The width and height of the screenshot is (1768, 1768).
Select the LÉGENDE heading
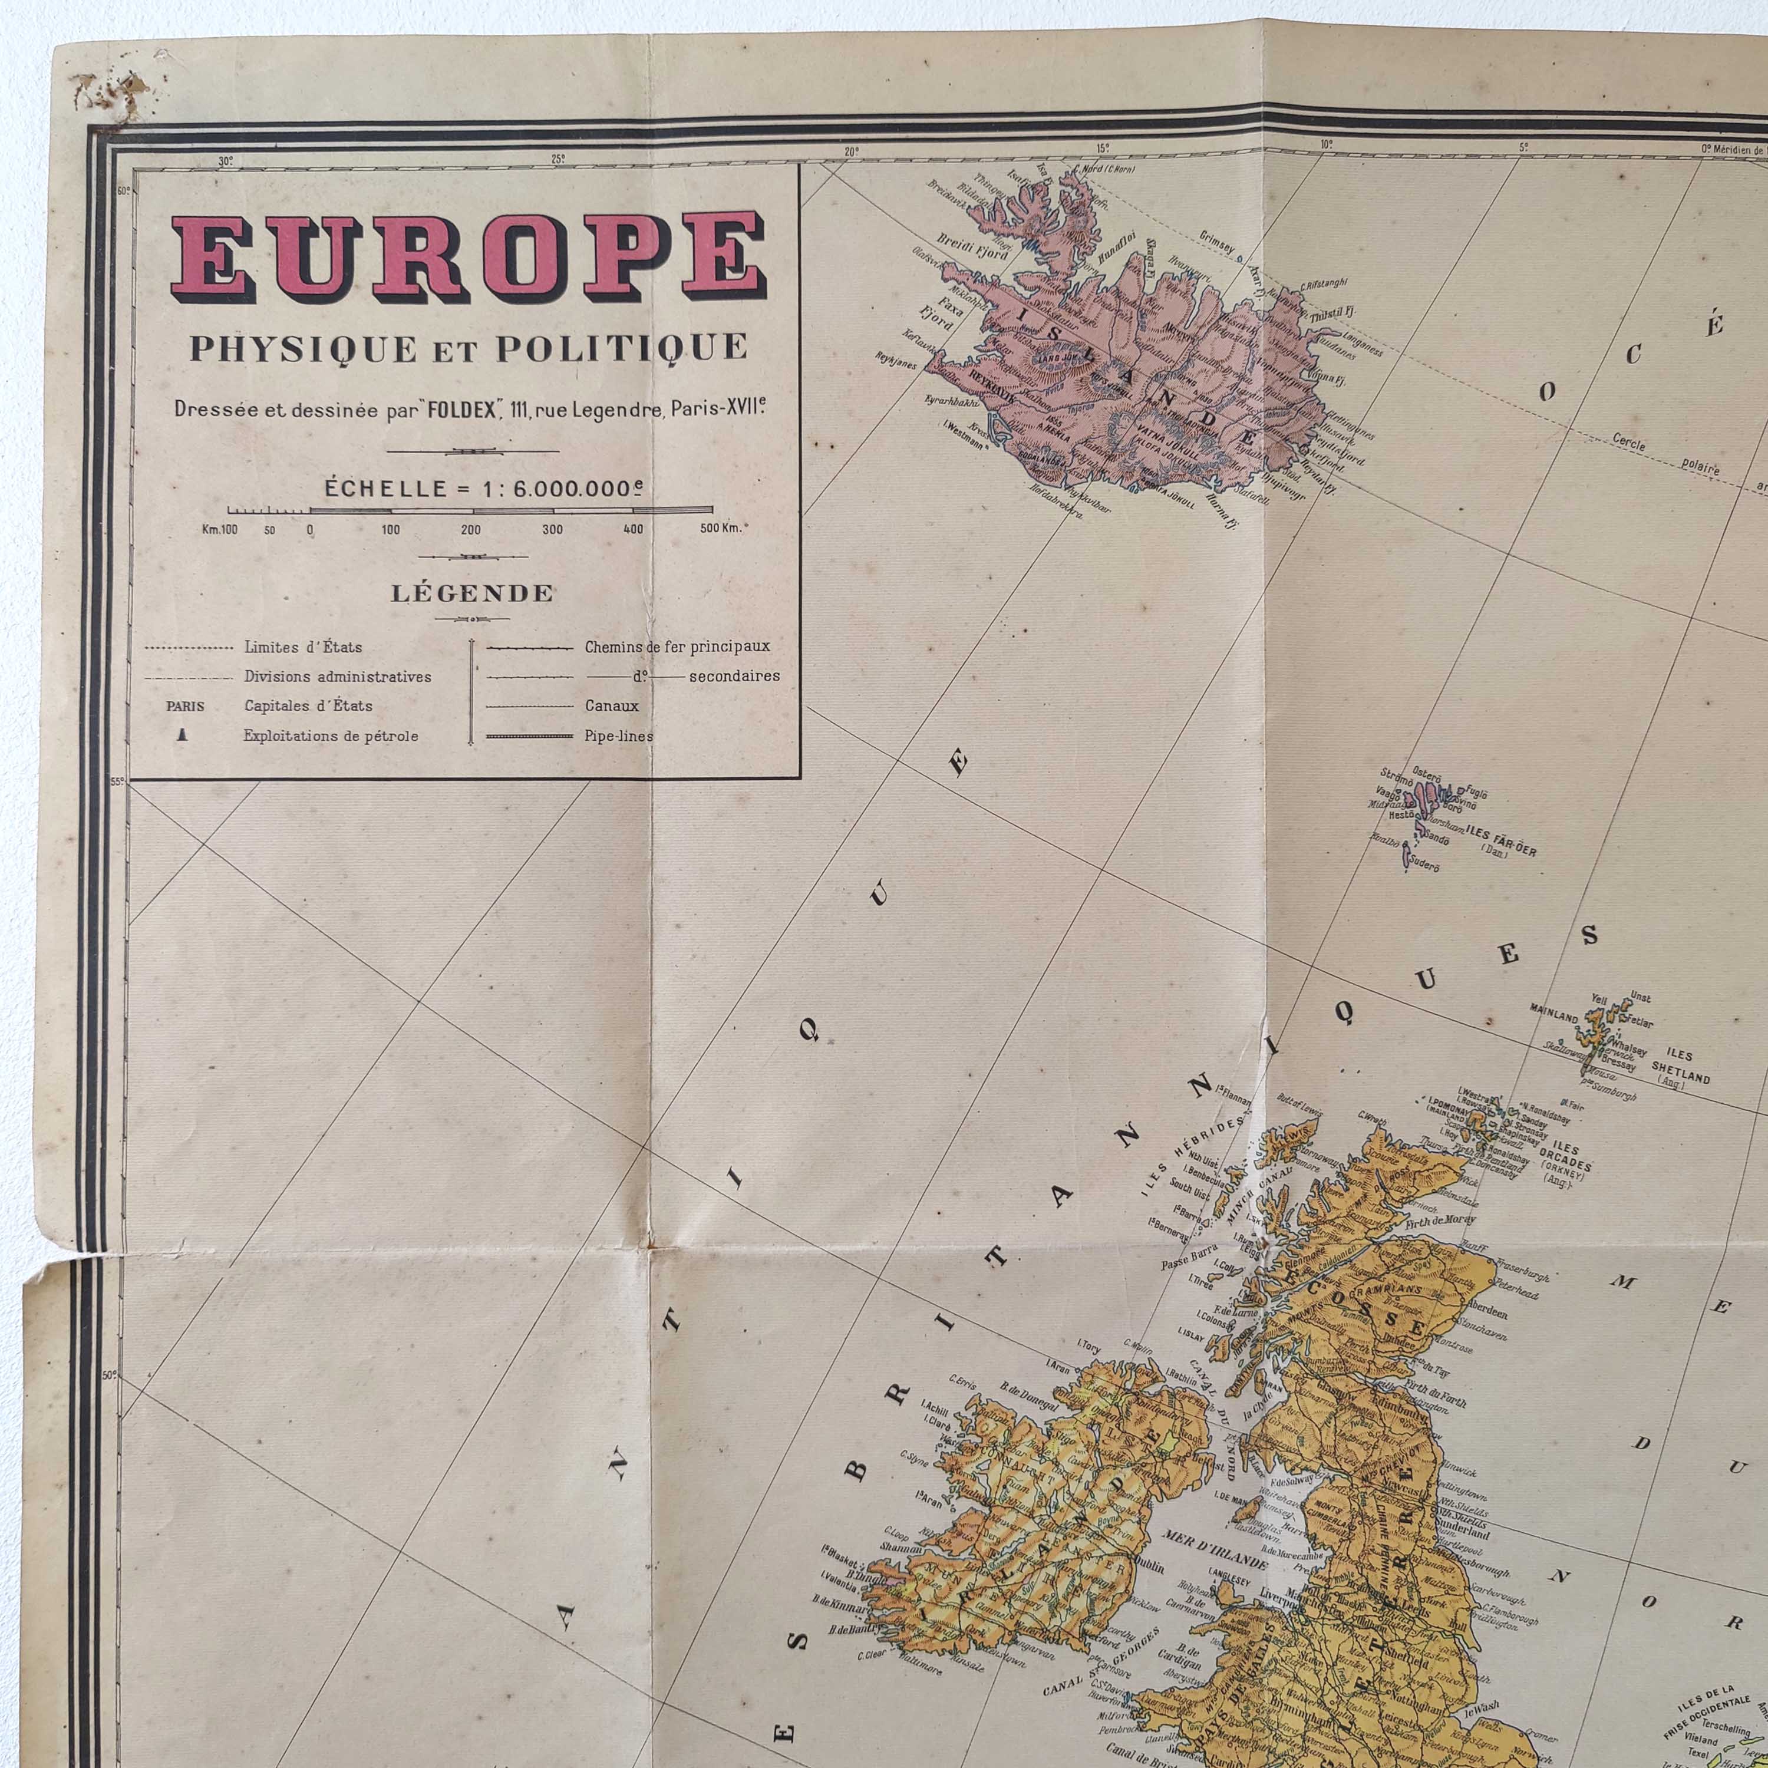(x=472, y=593)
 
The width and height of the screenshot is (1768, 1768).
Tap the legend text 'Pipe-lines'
(x=619, y=735)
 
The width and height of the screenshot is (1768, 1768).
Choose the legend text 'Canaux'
(x=611, y=705)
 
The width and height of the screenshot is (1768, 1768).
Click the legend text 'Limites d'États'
(x=303, y=647)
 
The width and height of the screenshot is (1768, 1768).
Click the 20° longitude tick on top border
(x=850, y=151)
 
